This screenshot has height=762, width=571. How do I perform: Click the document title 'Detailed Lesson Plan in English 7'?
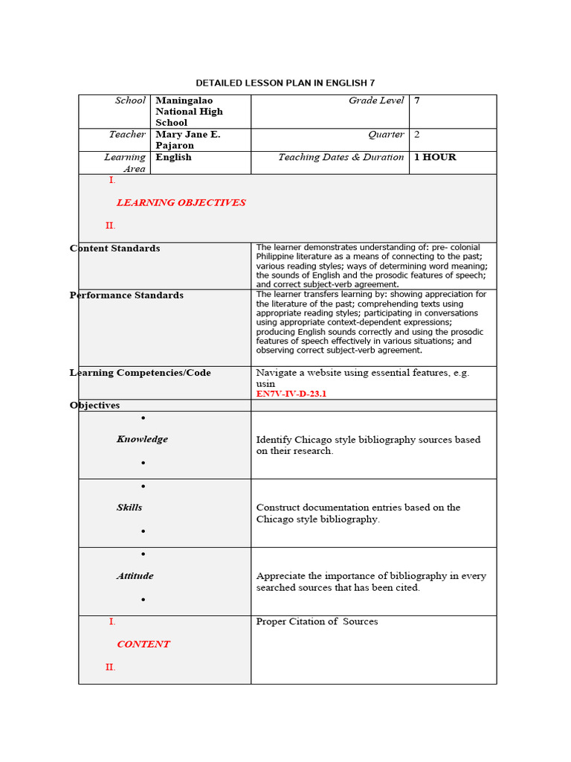(291, 83)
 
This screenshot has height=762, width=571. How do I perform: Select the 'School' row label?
(130, 100)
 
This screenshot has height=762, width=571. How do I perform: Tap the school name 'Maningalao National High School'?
(189, 112)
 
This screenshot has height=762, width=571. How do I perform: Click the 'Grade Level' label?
(376, 100)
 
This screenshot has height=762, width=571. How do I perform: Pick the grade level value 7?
(417, 100)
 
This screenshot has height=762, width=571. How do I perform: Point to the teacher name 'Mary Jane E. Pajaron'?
(187, 140)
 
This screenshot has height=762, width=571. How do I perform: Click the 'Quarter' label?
(386, 135)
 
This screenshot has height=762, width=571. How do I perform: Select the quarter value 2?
(417, 135)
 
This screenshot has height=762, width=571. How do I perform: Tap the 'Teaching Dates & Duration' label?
(341, 157)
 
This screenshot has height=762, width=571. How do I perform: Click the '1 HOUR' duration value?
(435, 157)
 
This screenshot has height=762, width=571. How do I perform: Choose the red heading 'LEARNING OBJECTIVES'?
(181, 202)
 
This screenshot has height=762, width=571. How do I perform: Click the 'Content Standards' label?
(115, 249)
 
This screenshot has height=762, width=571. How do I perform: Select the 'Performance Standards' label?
(126, 295)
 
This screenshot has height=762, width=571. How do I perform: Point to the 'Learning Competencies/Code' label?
(141, 373)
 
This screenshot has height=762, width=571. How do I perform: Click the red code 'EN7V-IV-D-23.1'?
(291, 394)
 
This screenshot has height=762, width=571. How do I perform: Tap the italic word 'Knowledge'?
(142, 439)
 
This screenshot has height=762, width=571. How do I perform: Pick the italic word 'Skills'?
(129, 508)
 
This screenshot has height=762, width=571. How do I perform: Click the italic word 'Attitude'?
(135, 576)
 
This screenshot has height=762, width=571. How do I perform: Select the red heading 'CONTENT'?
(143, 644)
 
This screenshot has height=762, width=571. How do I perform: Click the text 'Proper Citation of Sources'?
(317, 621)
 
